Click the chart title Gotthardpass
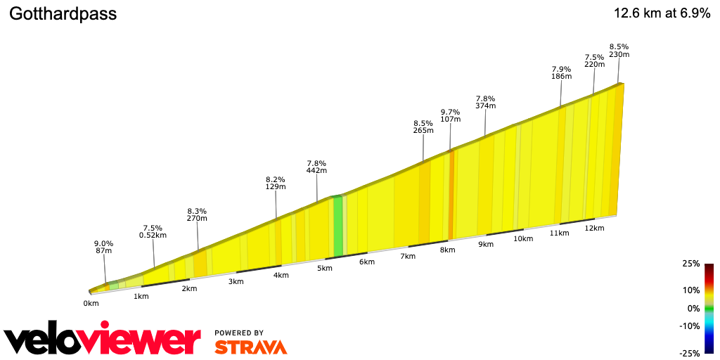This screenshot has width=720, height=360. (x=63, y=14)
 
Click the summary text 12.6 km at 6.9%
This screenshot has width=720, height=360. (x=662, y=14)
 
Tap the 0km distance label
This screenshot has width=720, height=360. (x=91, y=303)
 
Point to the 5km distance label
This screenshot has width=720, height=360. (x=324, y=268)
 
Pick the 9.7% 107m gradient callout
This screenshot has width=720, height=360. (x=450, y=115)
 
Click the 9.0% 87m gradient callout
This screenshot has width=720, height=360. (x=104, y=247)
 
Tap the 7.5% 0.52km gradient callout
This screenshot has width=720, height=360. (x=153, y=231)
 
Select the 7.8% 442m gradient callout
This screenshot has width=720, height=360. (x=316, y=167)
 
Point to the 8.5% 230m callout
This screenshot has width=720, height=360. (x=619, y=51)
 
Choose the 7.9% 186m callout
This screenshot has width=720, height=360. (x=561, y=72)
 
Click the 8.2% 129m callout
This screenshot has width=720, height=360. (x=276, y=183)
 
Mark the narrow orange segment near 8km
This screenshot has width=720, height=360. (x=451, y=194)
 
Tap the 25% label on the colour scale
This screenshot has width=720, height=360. (x=691, y=264)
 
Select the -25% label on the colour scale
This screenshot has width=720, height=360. (x=690, y=353)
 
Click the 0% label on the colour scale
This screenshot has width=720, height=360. (x=693, y=308)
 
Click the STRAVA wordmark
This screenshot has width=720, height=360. (x=250, y=347)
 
